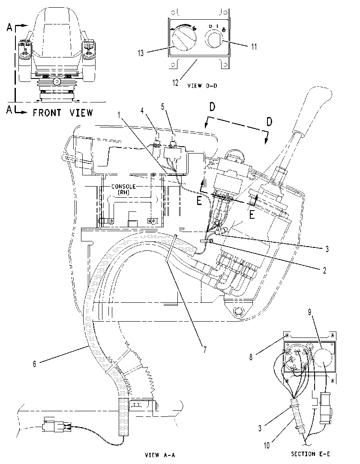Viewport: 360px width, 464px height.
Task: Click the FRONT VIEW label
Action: (x=63, y=113)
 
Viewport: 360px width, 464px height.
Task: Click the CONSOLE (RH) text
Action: (x=123, y=189)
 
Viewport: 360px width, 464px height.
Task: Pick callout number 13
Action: (x=141, y=53)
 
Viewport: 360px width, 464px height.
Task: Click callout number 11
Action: (x=254, y=47)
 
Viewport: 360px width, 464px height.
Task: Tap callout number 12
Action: (x=176, y=83)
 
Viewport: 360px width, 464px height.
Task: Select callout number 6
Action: (x=34, y=364)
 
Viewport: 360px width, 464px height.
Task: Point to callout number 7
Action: (x=204, y=350)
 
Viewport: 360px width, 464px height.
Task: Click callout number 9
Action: (x=309, y=312)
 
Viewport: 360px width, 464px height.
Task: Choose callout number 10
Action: (x=267, y=446)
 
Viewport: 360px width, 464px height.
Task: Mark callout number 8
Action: (x=251, y=357)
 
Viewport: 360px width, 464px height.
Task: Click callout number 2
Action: (x=324, y=270)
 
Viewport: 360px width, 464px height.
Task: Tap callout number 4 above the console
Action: (x=142, y=110)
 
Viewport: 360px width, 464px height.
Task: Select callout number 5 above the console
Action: (x=163, y=106)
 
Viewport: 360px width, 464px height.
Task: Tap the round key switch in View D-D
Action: (x=215, y=39)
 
